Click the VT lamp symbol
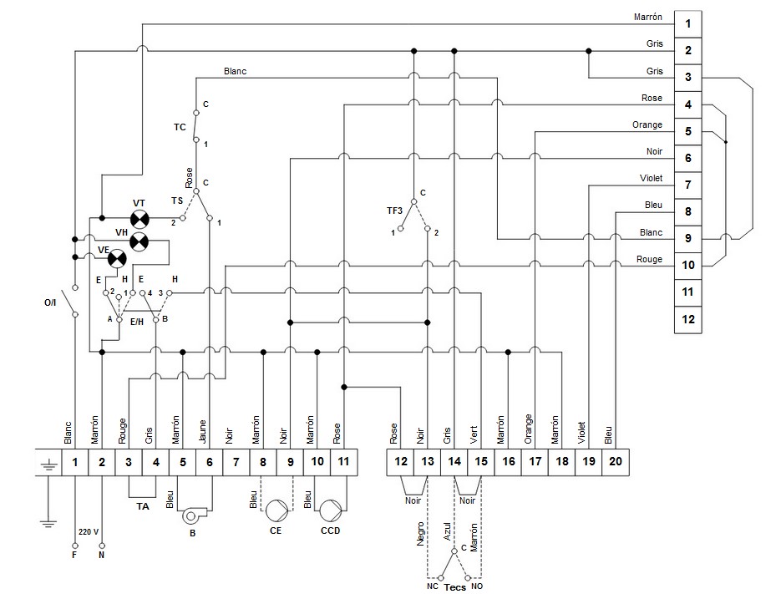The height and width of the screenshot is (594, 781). click(141, 220)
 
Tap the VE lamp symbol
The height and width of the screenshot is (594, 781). click(117, 257)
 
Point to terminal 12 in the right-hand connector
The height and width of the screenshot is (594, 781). click(688, 319)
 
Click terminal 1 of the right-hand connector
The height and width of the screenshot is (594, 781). click(688, 23)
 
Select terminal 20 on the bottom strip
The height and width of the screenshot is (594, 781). click(615, 461)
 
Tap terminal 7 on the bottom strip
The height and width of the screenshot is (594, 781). click(236, 461)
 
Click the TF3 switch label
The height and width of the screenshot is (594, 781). click(393, 211)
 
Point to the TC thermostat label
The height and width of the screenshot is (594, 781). click(180, 128)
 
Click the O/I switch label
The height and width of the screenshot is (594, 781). click(50, 302)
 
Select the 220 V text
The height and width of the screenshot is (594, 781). click(89, 532)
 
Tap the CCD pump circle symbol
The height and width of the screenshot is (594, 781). click(331, 509)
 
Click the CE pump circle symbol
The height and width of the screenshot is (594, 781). click(276, 509)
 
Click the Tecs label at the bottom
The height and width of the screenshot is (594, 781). click(454, 587)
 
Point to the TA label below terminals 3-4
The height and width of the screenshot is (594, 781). click(142, 506)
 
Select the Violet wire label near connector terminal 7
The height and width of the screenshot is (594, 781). click(650, 178)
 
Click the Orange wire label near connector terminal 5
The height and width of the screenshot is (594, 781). click(647, 124)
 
